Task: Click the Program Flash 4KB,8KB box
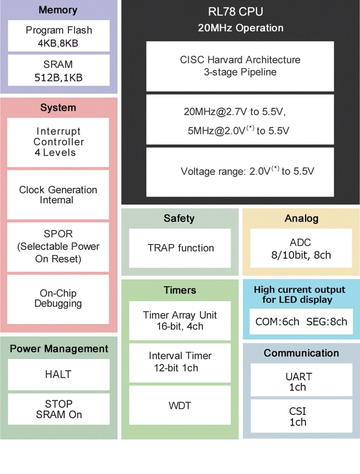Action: [x=58, y=36]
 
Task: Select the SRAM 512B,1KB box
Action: [x=58, y=70]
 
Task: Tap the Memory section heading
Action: [x=58, y=10]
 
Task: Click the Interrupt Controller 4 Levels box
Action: [x=58, y=142]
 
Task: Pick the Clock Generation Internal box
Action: [x=58, y=195]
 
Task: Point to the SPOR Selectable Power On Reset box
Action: [x=58, y=246]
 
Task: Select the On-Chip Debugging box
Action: [x=58, y=299]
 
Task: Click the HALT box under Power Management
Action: [x=58, y=374]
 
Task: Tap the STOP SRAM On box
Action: [x=58, y=409]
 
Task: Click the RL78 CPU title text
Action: [x=236, y=12]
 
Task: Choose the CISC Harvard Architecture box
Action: [x=240, y=66]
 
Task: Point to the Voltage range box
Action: [x=240, y=172]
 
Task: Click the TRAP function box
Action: [x=180, y=248]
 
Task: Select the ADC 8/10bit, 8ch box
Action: [x=301, y=248]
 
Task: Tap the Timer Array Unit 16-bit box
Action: [x=180, y=321]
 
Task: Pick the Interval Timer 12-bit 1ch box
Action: [x=180, y=362]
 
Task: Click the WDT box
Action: [x=180, y=405]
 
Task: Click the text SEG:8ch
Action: [x=326, y=322]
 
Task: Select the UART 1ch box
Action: [x=301, y=380]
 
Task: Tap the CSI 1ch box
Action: [x=301, y=416]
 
